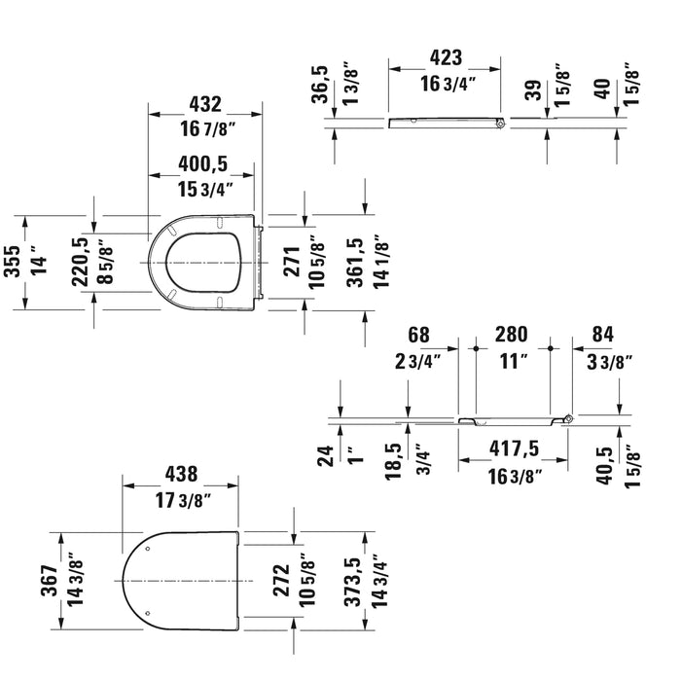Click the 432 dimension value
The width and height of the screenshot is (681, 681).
click(205, 104)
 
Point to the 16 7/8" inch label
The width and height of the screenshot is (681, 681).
click(205, 128)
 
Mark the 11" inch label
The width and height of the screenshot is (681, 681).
click(510, 361)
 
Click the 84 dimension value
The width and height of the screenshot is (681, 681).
click(603, 335)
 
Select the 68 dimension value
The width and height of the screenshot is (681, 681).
click(418, 335)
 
